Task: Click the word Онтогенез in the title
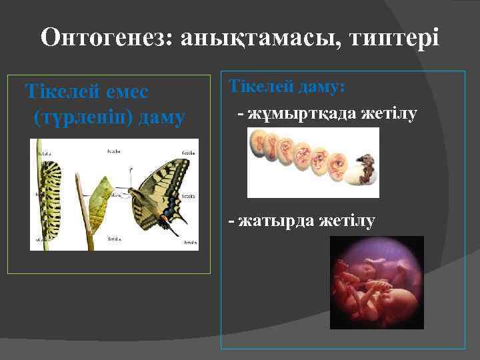103,37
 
